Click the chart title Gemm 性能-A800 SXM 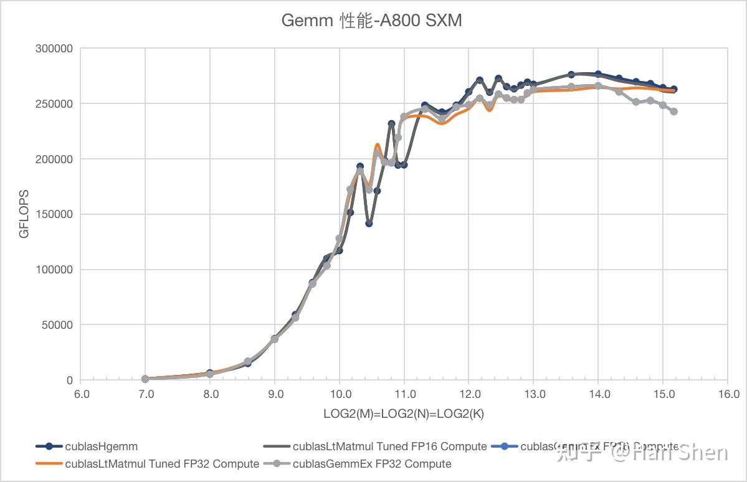[371, 21]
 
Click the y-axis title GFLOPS [24, 215]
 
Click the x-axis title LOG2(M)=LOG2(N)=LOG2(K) [404, 413]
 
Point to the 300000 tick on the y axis [55, 49]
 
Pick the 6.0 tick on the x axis [81, 394]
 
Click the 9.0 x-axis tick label [275, 394]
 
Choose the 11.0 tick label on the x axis [404, 394]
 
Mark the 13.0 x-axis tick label [534, 394]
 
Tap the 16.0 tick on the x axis [728, 394]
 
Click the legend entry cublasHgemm [101, 447]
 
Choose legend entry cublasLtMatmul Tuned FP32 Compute [162, 464]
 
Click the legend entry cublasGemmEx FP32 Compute [371, 464]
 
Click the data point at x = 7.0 [145, 379]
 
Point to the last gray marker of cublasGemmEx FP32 [673, 111]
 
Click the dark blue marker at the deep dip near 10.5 [369, 223]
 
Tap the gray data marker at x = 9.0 [275, 339]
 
